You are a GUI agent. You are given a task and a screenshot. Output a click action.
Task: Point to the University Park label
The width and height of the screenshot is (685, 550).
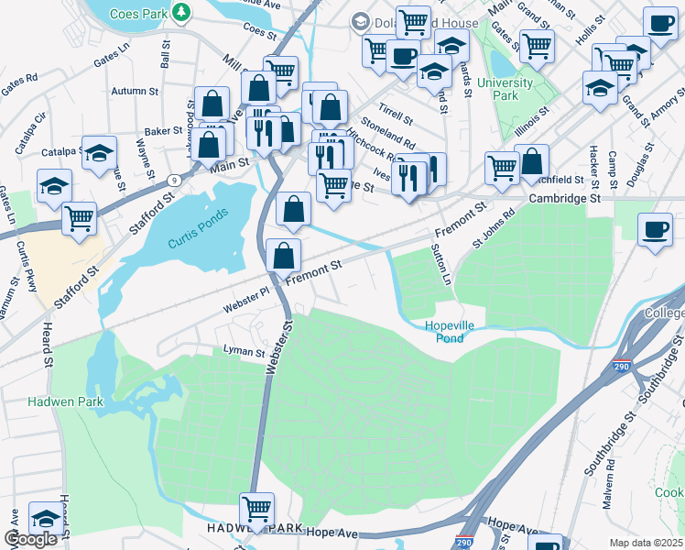click(505, 89)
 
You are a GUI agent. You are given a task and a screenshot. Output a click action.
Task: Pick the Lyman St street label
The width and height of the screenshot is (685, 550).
click(244, 351)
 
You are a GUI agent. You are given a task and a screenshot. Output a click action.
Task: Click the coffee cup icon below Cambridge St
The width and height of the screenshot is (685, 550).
click(657, 229)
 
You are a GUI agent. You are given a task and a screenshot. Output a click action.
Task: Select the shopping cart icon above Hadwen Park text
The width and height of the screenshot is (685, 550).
click(256, 507)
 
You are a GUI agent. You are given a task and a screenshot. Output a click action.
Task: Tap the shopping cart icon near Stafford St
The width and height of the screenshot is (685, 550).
click(80, 218)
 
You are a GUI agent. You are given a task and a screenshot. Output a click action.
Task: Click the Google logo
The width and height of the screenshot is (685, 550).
click(31, 539)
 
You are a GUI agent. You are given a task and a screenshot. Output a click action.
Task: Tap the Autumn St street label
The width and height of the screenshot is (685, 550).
click(135, 92)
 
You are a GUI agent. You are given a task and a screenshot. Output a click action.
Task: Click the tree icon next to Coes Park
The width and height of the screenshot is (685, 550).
click(182, 12)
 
